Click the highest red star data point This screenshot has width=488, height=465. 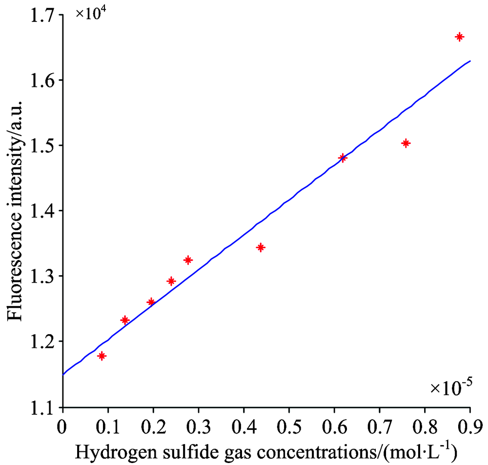[459, 37]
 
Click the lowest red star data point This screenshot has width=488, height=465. [102, 356]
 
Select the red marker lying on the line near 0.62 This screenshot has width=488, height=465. [343, 158]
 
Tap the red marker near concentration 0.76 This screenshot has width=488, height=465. [406, 143]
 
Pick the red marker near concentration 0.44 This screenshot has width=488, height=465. [261, 247]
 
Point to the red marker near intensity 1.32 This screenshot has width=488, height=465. [188, 260]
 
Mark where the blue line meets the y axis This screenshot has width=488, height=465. [63, 374]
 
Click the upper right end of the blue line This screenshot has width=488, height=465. [470, 61]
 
